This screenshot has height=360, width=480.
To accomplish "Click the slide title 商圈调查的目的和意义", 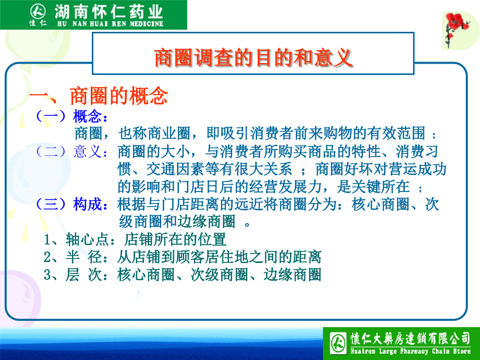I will coord(254,58).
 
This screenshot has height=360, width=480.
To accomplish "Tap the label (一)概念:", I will coord(71,116).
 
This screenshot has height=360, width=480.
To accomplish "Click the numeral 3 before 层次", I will coord(47,274).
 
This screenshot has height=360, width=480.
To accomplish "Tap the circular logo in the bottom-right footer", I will coord(336,343).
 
